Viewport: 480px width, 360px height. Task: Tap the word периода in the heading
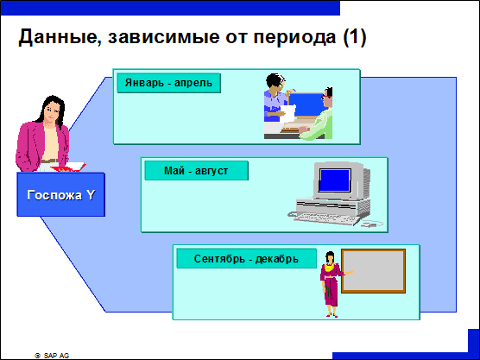click(x=294, y=37)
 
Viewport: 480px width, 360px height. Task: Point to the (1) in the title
click(x=355, y=37)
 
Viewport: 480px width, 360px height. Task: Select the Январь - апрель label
click(x=168, y=83)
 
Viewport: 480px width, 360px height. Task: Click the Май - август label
click(x=196, y=171)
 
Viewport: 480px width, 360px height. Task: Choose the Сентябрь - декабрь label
click(x=246, y=259)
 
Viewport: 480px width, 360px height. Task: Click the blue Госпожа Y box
click(x=61, y=194)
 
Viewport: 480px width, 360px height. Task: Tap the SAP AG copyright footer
click(x=52, y=356)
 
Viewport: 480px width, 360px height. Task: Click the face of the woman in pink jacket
click(x=51, y=111)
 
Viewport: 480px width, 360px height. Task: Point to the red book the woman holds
click(x=68, y=167)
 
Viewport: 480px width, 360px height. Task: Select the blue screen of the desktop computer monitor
click(x=335, y=180)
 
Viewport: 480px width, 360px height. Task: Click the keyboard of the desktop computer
click(x=325, y=218)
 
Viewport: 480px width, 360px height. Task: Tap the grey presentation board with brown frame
click(x=374, y=271)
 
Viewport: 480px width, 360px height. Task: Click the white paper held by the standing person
click(x=287, y=114)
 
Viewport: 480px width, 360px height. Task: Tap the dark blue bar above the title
click(x=170, y=8)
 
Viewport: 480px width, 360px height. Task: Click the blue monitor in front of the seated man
click(x=306, y=105)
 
